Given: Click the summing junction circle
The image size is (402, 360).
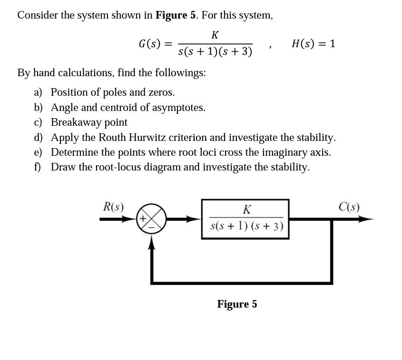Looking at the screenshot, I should click(x=151, y=220).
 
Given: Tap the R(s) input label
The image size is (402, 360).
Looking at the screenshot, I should click(x=114, y=207).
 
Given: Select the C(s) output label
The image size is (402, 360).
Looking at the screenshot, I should click(x=349, y=207).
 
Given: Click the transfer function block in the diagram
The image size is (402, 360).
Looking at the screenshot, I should click(x=245, y=219).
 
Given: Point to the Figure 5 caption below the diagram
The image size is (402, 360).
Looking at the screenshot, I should click(x=237, y=304).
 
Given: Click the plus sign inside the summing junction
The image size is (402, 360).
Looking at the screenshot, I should click(x=143, y=219).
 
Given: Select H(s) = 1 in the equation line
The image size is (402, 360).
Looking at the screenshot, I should click(x=313, y=44).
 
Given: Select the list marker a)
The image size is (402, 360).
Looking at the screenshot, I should click(x=38, y=92).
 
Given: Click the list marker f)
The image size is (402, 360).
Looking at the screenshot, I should click(x=38, y=167).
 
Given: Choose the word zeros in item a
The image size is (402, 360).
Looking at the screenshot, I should click(x=161, y=92).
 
